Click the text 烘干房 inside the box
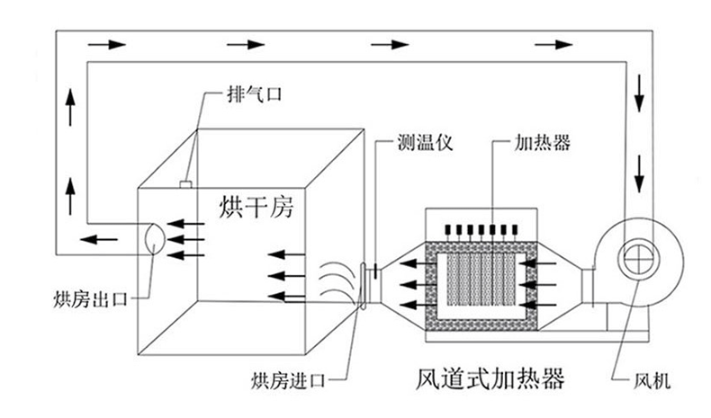pyautogui.click(x=256, y=206)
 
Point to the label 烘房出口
pyautogui.click(x=86, y=294)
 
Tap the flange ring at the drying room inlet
pyautogui.click(x=364, y=285)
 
